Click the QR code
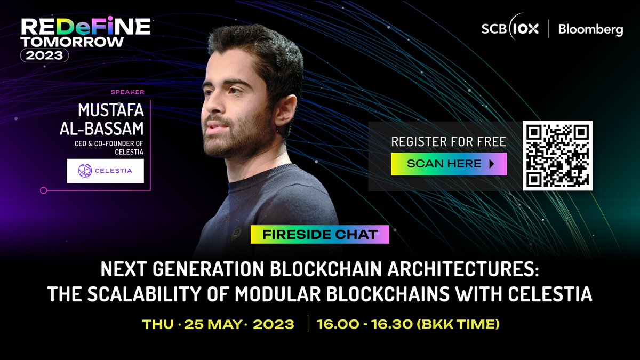(558, 155)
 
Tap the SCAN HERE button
(449, 164)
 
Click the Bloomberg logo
(590, 30)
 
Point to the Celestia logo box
(105, 171)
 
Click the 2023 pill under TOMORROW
(44, 55)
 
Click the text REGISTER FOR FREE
(449, 142)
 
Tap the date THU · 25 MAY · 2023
(218, 324)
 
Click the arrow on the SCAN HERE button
(492, 164)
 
